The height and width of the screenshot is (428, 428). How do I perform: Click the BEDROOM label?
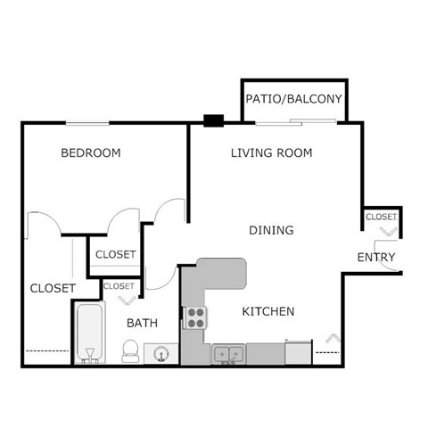coord(90,152)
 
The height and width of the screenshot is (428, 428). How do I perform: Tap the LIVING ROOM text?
coord(271,152)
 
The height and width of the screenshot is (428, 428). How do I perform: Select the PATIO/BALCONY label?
coord(294,98)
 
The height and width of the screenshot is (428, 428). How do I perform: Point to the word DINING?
coord(271,230)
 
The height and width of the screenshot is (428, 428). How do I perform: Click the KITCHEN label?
coord(268,311)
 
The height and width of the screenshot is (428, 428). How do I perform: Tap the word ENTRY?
coord(376,258)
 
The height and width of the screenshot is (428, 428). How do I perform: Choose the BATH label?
coord(142,322)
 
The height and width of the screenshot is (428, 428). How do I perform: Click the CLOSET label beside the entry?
coord(381,217)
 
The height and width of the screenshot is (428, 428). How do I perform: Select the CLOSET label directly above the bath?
coord(119,286)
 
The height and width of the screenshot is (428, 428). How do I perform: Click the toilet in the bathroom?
coord(130,350)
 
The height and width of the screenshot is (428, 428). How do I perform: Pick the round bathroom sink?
coord(160,354)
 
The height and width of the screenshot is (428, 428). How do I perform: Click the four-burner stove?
coord(195,317)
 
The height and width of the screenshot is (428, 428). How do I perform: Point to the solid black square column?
coord(213,121)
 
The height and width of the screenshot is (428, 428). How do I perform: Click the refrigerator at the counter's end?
coord(298,352)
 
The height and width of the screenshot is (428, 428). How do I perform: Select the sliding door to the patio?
coord(294,122)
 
